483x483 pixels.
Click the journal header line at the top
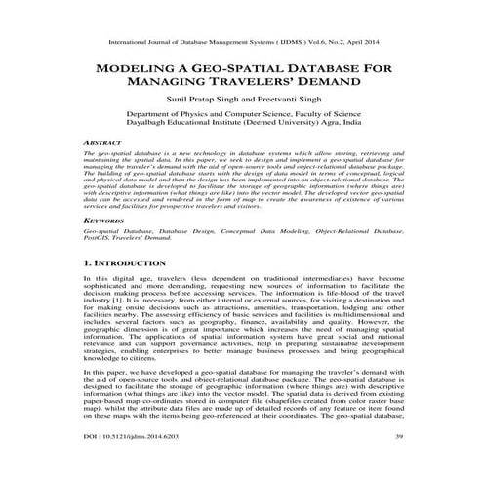click(x=240, y=44)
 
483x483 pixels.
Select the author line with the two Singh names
click(x=240, y=101)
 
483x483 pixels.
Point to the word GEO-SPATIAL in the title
click(x=229, y=72)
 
